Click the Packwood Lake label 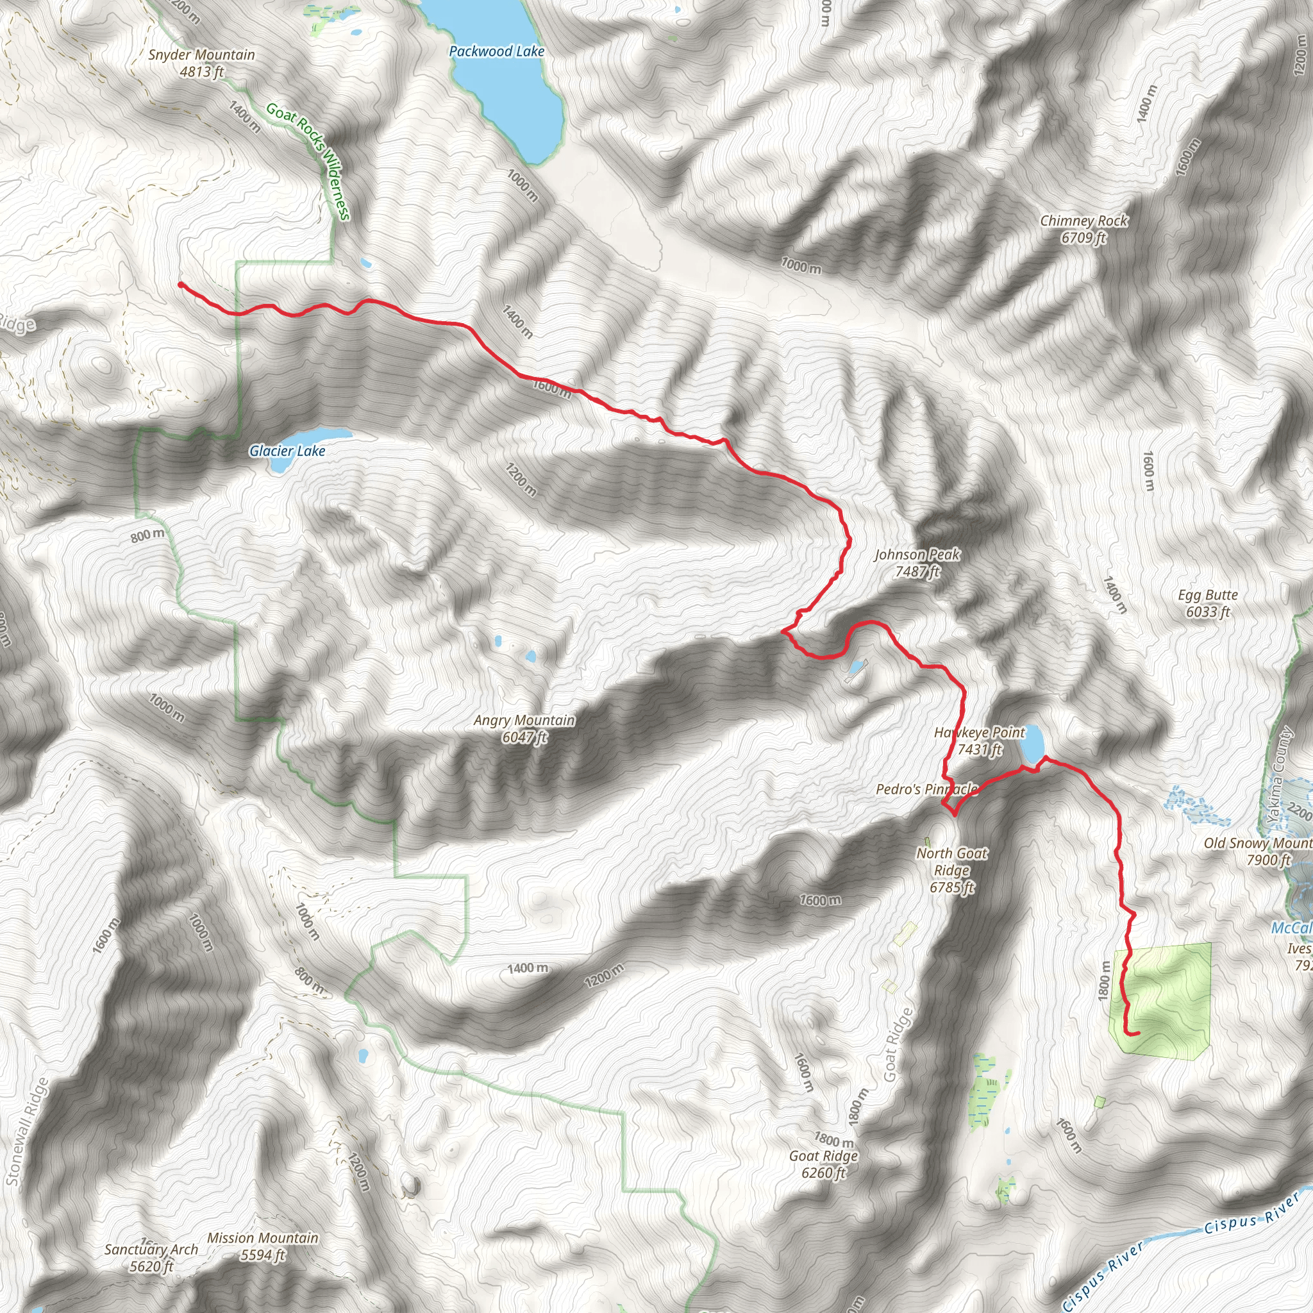(496, 52)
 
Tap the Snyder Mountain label (202, 63)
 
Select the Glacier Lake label (287, 451)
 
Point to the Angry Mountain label (524, 728)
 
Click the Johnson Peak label (917, 563)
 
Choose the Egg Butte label (1208, 603)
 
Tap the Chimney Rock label (1083, 229)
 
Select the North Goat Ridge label (951, 870)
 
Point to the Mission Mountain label (262, 1246)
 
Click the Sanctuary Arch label (151, 1258)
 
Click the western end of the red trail (180, 284)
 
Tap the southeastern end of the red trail (1137, 1034)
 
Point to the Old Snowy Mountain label (1257, 851)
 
